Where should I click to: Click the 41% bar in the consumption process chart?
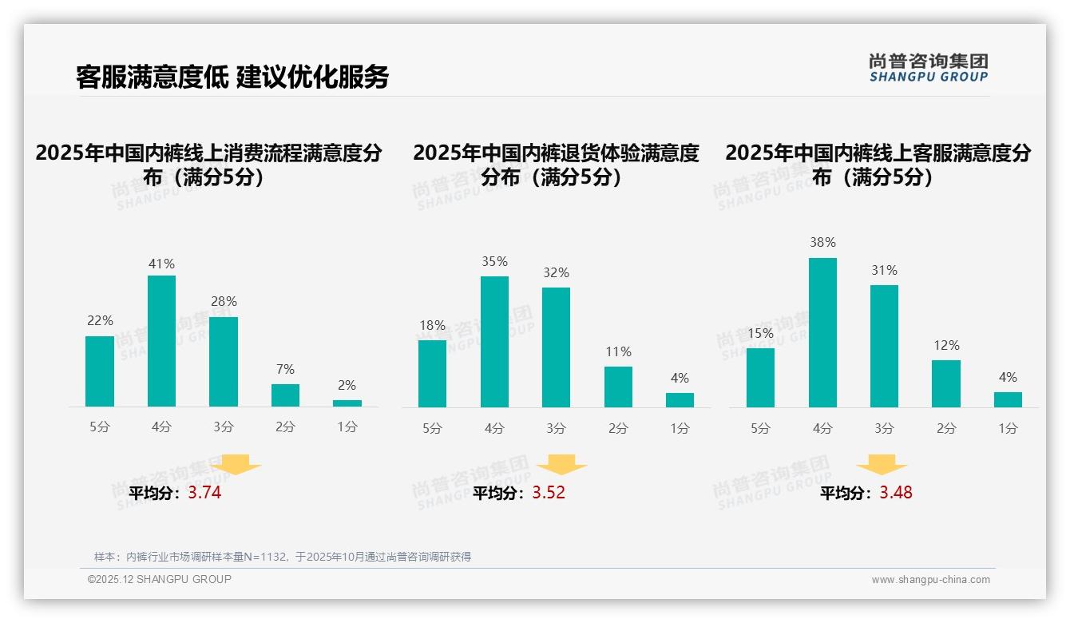pos(161,341)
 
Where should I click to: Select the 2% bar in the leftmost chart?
pos(347,403)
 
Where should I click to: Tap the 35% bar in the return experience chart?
pos(494,342)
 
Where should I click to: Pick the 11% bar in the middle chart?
pos(618,387)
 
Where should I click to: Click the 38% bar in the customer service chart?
pos(822,332)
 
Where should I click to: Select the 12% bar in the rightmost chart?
pos(946,384)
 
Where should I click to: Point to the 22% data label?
pos(100,321)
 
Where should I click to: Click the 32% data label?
pos(557,273)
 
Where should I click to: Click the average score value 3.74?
pos(204,493)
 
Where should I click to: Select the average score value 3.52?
pos(549,493)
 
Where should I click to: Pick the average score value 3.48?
pos(896,493)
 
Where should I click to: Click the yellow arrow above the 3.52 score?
pos(561,465)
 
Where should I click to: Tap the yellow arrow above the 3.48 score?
pos(882,465)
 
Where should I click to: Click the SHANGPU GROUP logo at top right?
pos(929,68)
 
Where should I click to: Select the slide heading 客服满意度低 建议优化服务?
pos(232,77)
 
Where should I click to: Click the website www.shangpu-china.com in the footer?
pos(930,580)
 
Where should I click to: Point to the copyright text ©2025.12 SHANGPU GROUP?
pos(160,579)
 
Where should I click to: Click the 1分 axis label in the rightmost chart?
pos(1008,429)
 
